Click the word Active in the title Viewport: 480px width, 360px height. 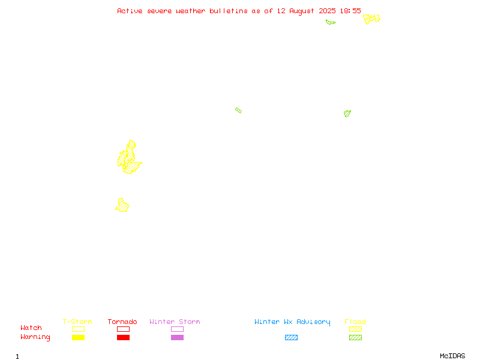tap(130, 11)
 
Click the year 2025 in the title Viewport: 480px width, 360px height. tap(327, 11)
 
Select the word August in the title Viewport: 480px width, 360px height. tap(302, 11)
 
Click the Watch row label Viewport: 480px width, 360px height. tap(31, 328)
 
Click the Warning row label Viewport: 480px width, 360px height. tap(35, 337)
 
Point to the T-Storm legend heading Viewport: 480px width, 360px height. tap(77, 322)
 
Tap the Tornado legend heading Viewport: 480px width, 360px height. tap(122, 322)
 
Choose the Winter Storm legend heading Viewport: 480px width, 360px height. tap(175, 322)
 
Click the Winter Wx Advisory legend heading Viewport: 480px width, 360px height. tap(292, 322)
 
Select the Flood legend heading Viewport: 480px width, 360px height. tap(355, 322)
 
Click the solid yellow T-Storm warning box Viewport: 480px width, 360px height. tap(79, 337)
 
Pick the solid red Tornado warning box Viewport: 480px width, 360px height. tap(124, 337)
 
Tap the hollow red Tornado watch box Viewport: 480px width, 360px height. tap(124, 329)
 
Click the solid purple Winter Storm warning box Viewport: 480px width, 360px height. tap(177, 337)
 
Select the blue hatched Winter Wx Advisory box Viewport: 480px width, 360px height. tap(291, 337)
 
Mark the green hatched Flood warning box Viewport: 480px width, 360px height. tap(355, 337)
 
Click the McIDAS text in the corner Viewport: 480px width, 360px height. tap(452, 356)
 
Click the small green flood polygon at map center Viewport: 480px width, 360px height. tap(238, 110)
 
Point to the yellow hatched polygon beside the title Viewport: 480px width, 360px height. tap(371, 19)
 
